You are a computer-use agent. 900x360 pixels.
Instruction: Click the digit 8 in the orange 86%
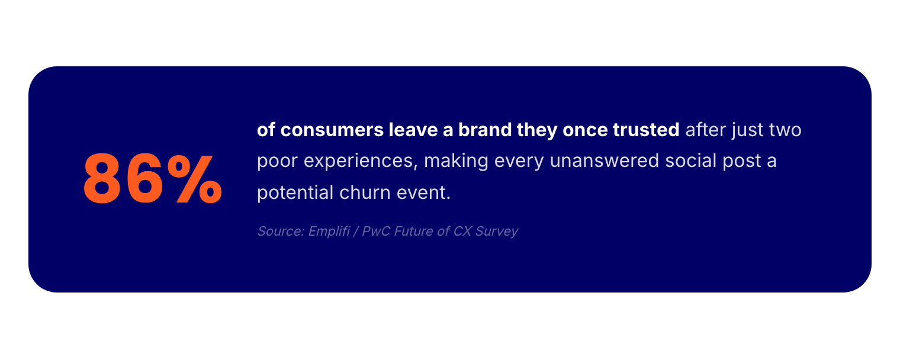pos(102,179)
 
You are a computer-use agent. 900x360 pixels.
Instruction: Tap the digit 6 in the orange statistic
pos(144,179)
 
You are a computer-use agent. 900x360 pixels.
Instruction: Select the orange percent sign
pos(195,179)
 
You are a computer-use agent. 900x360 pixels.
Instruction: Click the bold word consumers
pos(332,130)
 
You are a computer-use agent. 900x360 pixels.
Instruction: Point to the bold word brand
pos(485,129)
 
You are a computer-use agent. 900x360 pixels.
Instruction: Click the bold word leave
pos(413,129)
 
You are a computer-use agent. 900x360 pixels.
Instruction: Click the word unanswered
pos(605,160)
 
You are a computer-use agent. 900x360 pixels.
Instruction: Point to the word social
pos(690,160)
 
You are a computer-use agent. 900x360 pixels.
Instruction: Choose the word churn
pos(365,192)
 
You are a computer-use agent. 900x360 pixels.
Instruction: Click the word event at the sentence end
pos(423,193)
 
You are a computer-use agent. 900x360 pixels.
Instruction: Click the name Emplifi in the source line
pos(329,232)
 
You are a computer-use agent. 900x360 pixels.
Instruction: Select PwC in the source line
pos(376,231)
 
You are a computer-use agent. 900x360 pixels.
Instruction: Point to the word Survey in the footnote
pos(497,232)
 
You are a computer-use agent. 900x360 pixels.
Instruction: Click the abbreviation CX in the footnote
pos(462,231)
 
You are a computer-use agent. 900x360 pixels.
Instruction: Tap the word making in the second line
pos(456,161)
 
